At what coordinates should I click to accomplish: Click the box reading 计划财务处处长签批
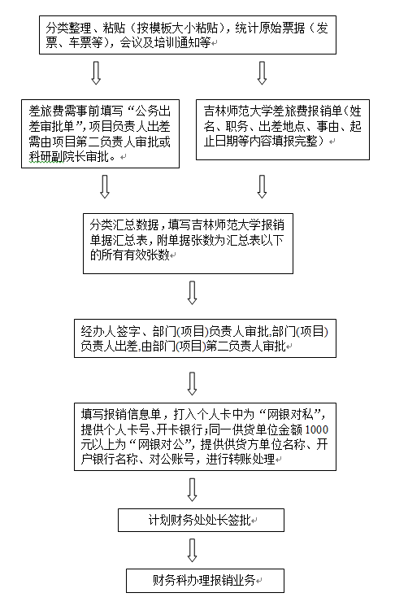(x=201, y=520)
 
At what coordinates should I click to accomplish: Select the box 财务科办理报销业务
(x=205, y=580)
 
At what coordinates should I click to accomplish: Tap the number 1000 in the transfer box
(x=317, y=429)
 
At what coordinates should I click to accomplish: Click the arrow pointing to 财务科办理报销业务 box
(x=192, y=550)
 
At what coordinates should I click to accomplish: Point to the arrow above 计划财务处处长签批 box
(x=192, y=490)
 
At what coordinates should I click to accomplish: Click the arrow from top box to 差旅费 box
(x=96, y=72)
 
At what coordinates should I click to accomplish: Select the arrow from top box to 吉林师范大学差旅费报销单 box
(x=262, y=72)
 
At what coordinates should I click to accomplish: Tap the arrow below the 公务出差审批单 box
(x=105, y=186)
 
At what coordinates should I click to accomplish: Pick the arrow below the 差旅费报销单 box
(x=262, y=186)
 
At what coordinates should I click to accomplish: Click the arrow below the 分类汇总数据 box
(x=192, y=293)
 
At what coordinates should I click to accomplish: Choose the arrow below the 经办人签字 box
(x=192, y=383)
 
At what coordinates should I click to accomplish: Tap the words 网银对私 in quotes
(x=290, y=415)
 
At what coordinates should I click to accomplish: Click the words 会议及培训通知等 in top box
(x=165, y=42)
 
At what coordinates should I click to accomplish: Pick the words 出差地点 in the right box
(x=282, y=126)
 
